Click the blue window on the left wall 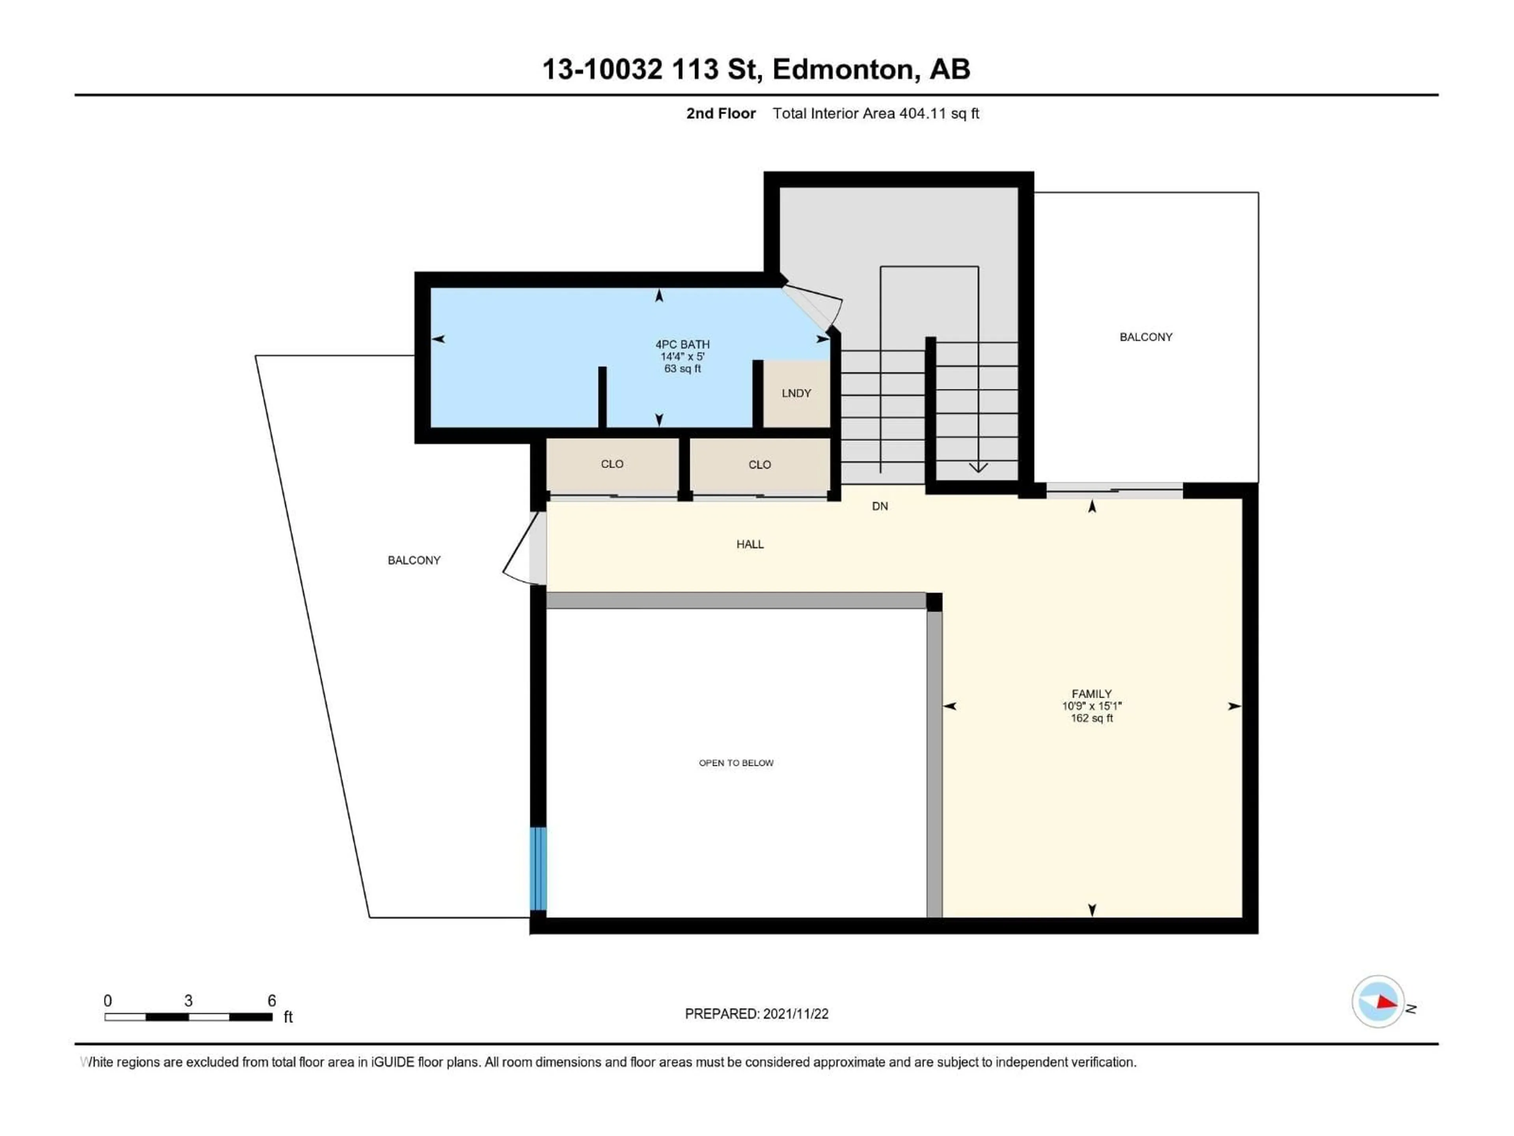click(539, 869)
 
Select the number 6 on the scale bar click(272, 1000)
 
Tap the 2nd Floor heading click(721, 114)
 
